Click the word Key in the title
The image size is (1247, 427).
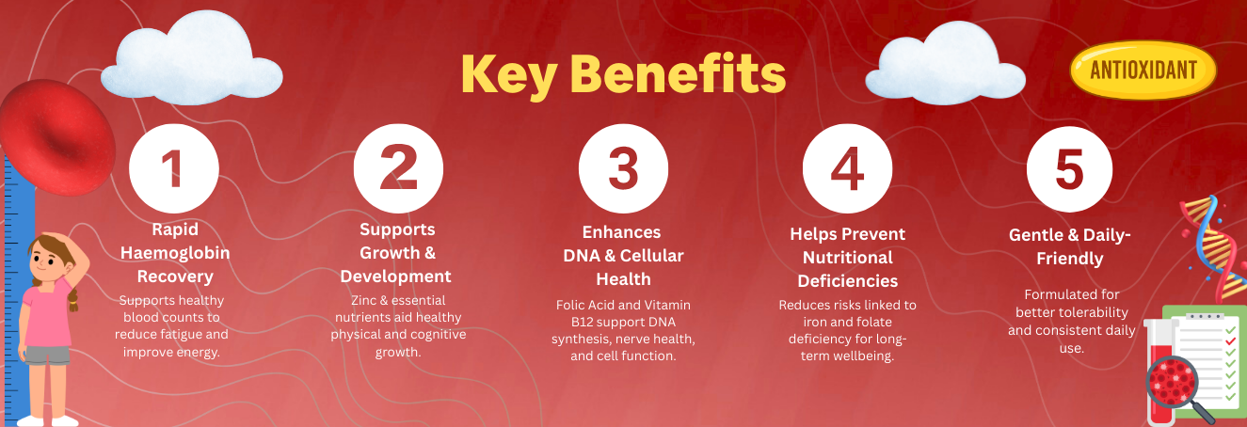pyautogui.click(x=509, y=75)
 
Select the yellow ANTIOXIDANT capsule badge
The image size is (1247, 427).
pyautogui.click(x=1143, y=70)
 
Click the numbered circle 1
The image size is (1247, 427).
pyautogui.click(x=174, y=168)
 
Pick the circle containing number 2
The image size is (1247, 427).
pyautogui.click(x=399, y=168)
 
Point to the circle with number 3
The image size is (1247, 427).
pyautogui.click(x=623, y=168)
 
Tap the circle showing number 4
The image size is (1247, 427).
pyautogui.click(x=847, y=168)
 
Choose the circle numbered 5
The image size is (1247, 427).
pyautogui.click(x=1070, y=169)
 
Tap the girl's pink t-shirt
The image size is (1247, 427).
pyautogui.click(x=47, y=314)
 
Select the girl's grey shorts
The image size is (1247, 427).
pyautogui.click(x=47, y=356)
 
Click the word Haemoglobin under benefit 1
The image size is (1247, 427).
pyautogui.click(x=175, y=253)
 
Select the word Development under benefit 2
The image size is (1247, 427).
pyautogui.click(x=396, y=277)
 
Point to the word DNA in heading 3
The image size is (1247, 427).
pyautogui.click(x=582, y=256)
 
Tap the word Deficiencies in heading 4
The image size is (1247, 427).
pyautogui.click(x=847, y=281)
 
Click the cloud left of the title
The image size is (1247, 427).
pyautogui.click(x=191, y=60)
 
